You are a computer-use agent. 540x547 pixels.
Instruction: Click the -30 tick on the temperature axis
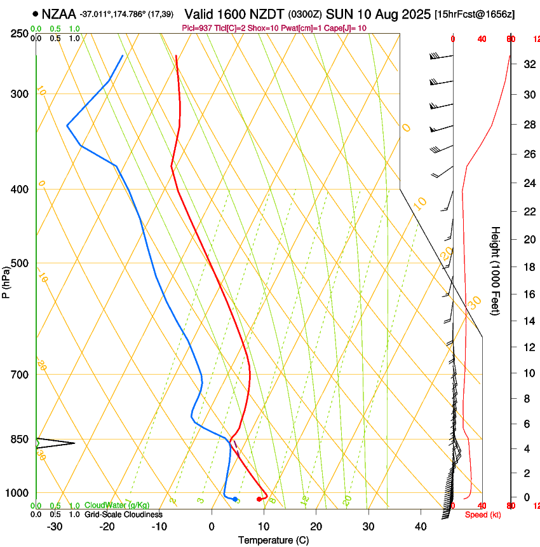coord(55,526)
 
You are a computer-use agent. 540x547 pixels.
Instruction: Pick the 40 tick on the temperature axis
coord(420,526)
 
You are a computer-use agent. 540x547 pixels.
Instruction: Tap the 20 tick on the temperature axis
coord(316,526)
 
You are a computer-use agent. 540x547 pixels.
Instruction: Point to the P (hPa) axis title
coord(6,280)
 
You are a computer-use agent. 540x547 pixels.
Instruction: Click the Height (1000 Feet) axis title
coord(496,271)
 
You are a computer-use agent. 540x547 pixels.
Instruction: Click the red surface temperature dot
coord(259,499)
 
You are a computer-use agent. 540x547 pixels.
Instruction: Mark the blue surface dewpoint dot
coord(235,499)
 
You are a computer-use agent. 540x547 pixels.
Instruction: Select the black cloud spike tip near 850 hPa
coord(75,443)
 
